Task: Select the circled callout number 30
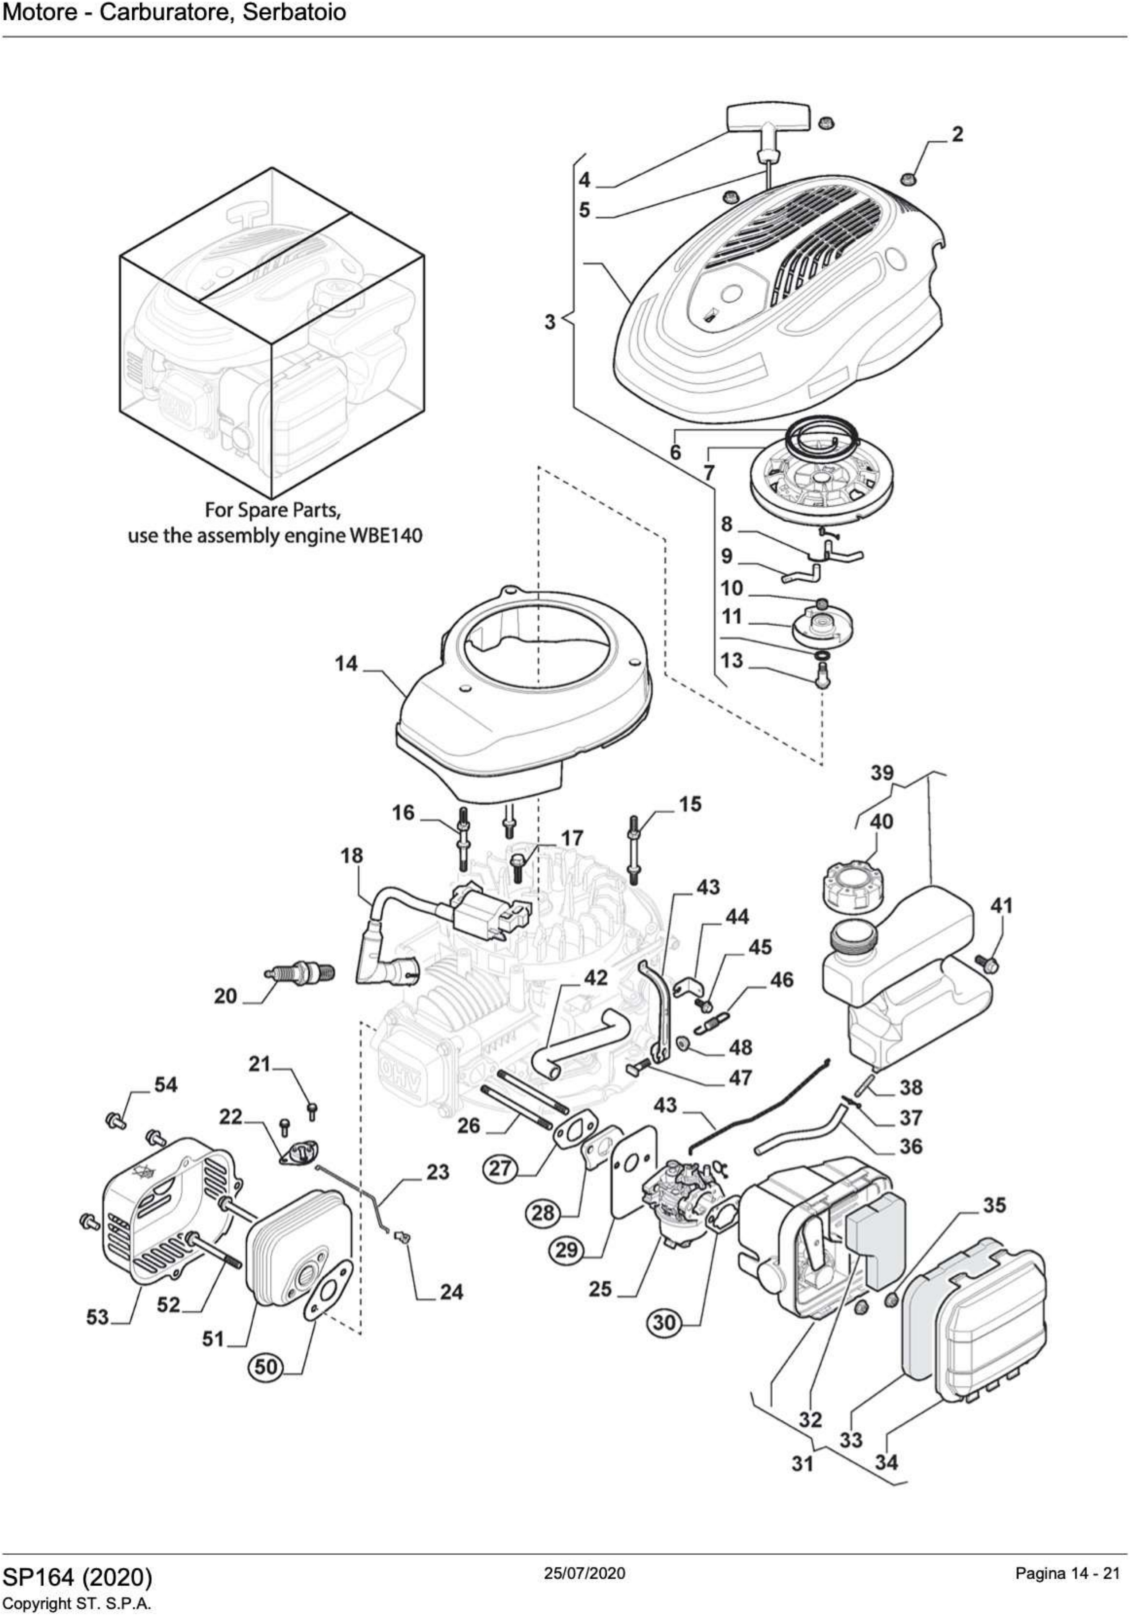click(664, 1322)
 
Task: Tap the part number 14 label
click(346, 663)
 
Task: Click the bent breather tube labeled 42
click(584, 1043)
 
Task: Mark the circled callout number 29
click(567, 1249)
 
